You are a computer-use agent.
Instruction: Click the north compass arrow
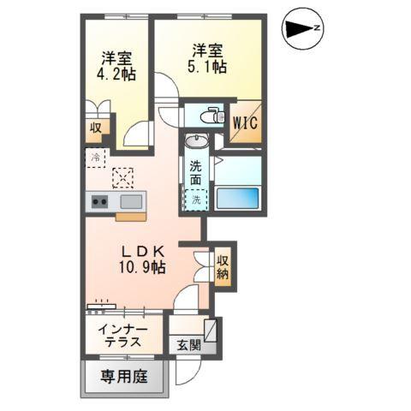302,29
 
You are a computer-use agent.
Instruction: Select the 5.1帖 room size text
209,65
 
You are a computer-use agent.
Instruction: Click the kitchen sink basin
130,202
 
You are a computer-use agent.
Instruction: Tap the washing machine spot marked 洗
196,200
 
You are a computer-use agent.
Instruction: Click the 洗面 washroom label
196,174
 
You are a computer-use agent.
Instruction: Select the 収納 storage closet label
223,267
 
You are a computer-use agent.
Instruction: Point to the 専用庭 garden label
122,376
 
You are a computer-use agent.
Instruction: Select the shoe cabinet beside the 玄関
210,331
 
